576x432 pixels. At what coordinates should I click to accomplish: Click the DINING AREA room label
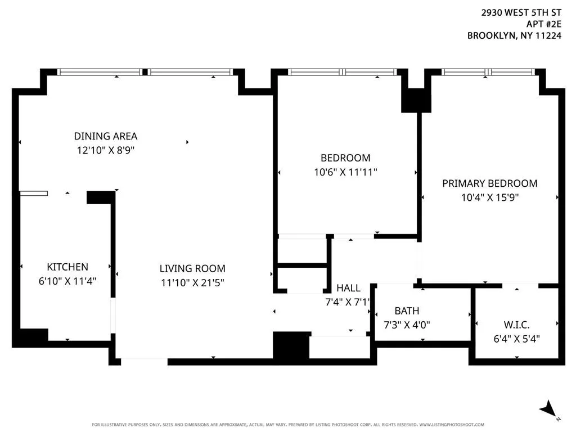pos(105,136)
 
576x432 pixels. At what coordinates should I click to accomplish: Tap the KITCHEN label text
pos(67,267)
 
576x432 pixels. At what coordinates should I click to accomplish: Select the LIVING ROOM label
pos(192,268)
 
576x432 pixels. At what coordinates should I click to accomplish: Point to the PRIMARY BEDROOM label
pos(490,183)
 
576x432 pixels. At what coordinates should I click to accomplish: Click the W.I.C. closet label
pos(516,325)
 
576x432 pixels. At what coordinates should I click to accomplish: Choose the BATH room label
pos(407,310)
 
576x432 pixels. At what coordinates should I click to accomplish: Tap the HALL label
pos(348,288)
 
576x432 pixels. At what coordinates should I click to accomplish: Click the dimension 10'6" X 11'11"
pos(345,172)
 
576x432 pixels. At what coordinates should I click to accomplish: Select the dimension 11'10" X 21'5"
pos(192,282)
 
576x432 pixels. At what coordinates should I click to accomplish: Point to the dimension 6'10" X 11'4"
pos(67,281)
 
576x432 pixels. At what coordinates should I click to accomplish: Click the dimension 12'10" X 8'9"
pos(105,150)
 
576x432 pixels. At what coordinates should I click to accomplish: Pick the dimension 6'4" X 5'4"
pos(516,339)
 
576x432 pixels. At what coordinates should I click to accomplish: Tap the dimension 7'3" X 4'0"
pos(407,325)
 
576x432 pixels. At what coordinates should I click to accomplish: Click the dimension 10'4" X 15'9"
pos(490,197)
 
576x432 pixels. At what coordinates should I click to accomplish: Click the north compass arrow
pos(548,409)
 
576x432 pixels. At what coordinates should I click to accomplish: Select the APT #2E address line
pos(544,24)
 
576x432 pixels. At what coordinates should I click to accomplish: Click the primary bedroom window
pos(488,72)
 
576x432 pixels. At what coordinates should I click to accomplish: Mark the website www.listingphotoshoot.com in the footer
pos(452,425)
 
